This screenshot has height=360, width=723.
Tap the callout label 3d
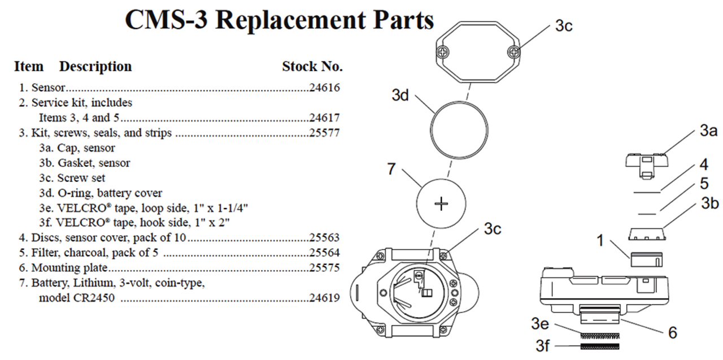tap(400, 95)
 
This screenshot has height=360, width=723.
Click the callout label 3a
tap(708, 132)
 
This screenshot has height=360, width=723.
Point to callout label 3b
tap(709, 203)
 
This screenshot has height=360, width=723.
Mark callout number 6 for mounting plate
tap(672, 332)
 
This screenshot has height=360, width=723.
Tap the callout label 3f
tap(543, 345)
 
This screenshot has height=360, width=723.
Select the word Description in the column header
tap(95, 66)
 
